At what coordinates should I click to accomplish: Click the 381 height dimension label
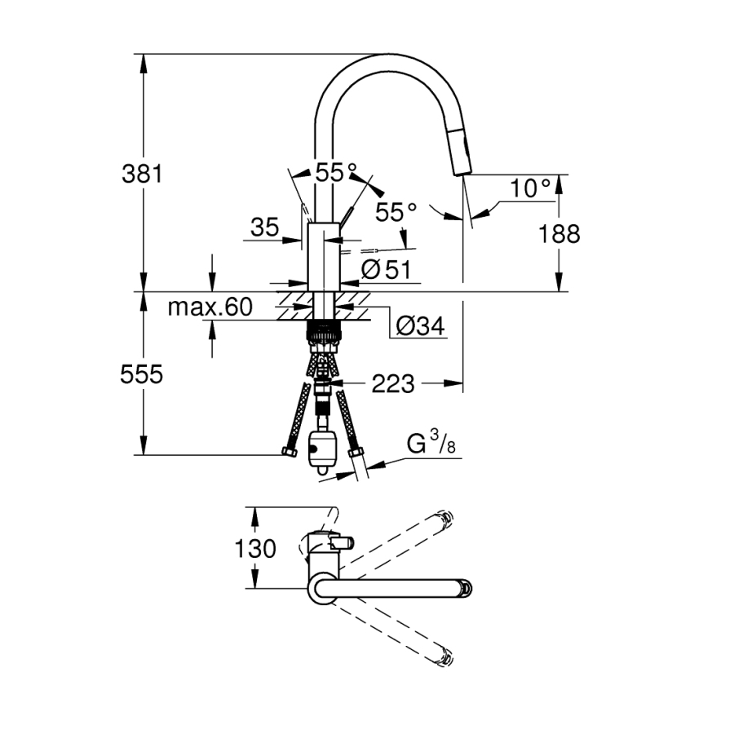click(x=143, y=174)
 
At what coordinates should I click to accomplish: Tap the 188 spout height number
click(x=559, y=234)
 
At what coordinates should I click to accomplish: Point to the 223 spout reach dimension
click(x=392, y=383)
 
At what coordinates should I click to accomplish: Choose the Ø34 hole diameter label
click(x=419, y=326)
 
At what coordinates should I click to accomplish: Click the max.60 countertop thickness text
click(x=210, y=307)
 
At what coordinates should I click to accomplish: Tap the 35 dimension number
click(x=264, y=228)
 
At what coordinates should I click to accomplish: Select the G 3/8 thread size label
click(x=430, y=445)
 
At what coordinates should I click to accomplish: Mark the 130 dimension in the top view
click(x=256, y=549)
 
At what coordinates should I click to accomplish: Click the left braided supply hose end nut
click(x=287, y=451)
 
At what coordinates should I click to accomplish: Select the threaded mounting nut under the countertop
click(x=324, y=332)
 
